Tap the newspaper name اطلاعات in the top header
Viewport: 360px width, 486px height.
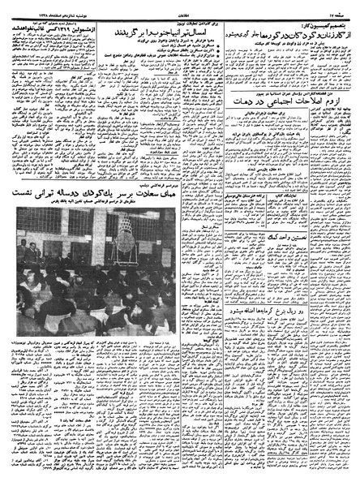click(179, 4)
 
